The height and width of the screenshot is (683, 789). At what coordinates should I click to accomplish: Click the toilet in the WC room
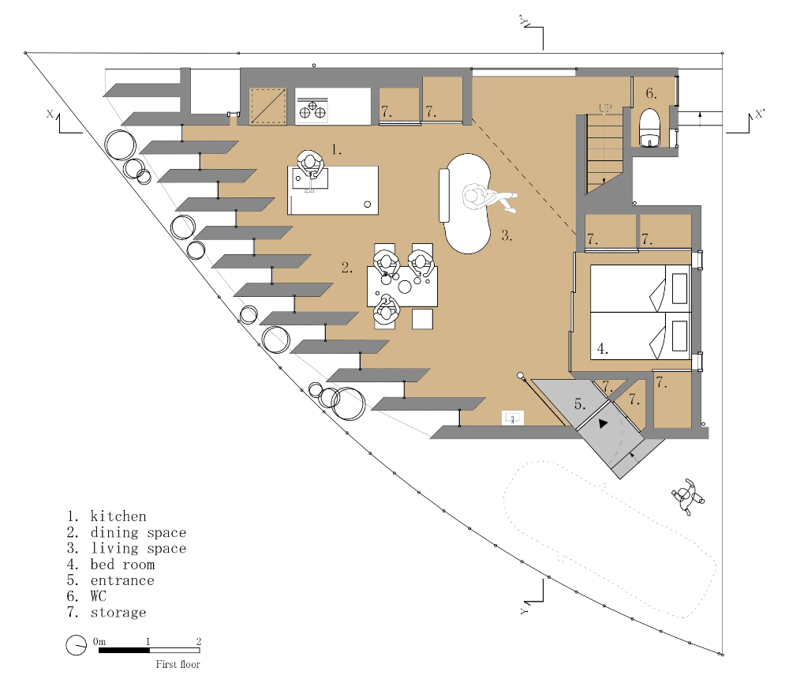(x=649, y=128)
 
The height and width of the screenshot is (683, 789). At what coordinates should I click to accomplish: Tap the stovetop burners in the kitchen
(x=312, y=110)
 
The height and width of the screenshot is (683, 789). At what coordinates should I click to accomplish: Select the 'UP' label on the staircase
(x=605, y=107)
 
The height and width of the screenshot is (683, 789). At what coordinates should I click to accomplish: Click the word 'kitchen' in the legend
(x=118, y=516)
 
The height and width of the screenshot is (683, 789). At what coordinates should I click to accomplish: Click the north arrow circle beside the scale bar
(x=76, y=645)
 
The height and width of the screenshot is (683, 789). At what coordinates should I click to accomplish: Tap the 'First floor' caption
(x=178, y=664)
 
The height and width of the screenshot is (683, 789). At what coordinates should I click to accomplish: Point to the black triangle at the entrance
(x=604, y=423)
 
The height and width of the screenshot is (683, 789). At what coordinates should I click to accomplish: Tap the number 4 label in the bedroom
(x=602, y=347)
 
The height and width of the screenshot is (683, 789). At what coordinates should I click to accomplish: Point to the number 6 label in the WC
(x=651, y=93)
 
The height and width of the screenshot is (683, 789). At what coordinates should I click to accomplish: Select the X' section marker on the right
(x=759, y=114)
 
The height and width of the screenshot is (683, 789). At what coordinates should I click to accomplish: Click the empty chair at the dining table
(x=423, y=319)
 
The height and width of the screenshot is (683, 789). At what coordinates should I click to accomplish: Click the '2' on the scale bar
(x=198, y=642)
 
